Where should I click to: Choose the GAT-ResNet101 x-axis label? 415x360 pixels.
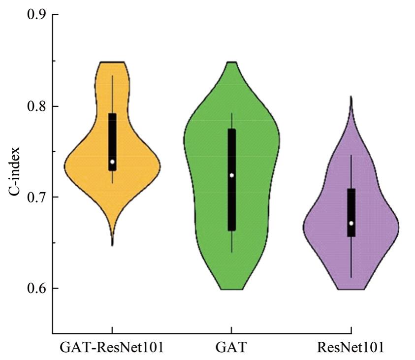pos(112,348)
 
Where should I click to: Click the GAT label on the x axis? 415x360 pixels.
pos(231,348)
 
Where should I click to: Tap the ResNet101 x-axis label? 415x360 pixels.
pos(351,348)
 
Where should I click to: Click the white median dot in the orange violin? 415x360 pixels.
pos(112,162)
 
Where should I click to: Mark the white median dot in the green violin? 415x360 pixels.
pos(231,175)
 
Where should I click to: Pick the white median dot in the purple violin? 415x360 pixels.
pos(351,223)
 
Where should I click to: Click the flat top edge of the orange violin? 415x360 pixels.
pos(112,63)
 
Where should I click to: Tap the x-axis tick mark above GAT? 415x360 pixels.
pos(231,329)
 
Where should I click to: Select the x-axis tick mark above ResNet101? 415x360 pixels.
pos(351,329)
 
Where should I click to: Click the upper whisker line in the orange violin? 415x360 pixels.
pos(112,94)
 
